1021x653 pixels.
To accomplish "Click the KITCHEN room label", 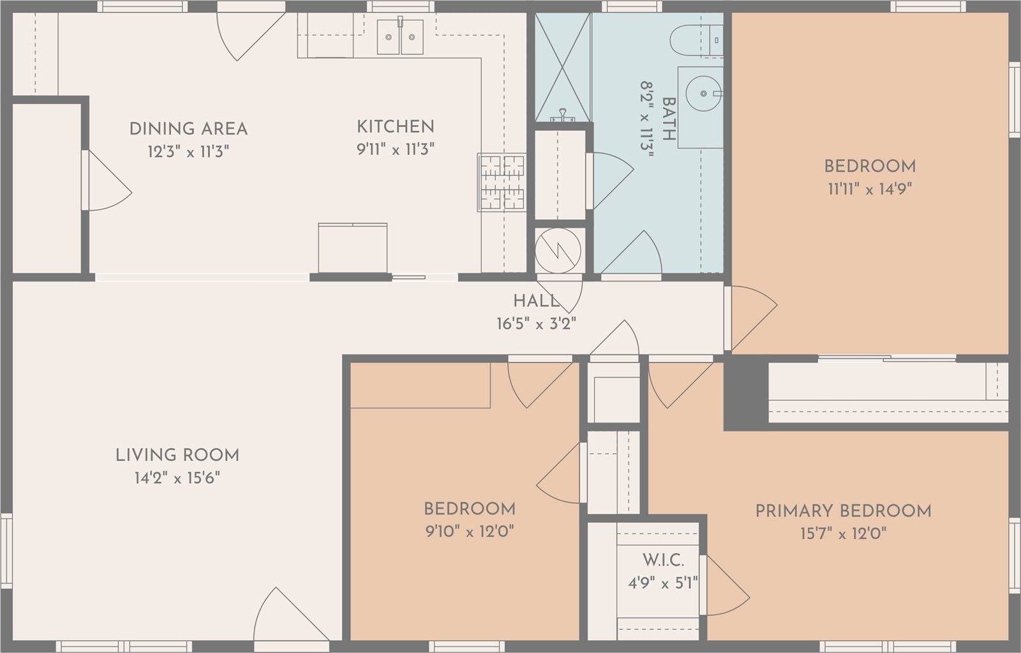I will [x=395, y=126].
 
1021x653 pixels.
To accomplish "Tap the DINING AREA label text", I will [x=188, y=129].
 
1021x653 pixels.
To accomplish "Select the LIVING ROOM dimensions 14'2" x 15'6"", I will [x=177, y=478].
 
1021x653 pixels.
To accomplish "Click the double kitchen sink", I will [x=399, y=38].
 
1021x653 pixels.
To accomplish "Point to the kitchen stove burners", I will [x=502, y=183].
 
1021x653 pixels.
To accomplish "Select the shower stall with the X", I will [x=562, y=66].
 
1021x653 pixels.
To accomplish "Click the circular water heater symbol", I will [x=559, y=250].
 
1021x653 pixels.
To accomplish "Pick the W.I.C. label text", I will [x=663, y=560].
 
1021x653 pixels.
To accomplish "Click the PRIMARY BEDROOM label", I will [x=843, y=511].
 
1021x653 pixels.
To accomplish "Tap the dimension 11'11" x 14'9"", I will [x=870, y=189].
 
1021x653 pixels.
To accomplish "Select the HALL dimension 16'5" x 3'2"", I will [x=536, y=324].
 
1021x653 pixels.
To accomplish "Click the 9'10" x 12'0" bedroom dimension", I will [x=469, y=532].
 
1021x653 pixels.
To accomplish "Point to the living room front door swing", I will [x=281, y=617].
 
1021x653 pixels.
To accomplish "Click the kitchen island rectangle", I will [x=352, y=248].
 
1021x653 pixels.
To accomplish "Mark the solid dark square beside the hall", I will [x=745, y=393].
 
